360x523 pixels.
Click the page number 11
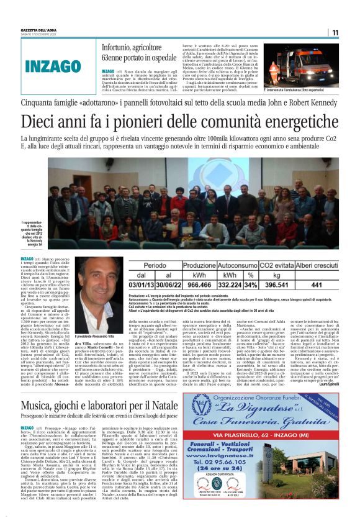pyautogui.click(x=335, y=33)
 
